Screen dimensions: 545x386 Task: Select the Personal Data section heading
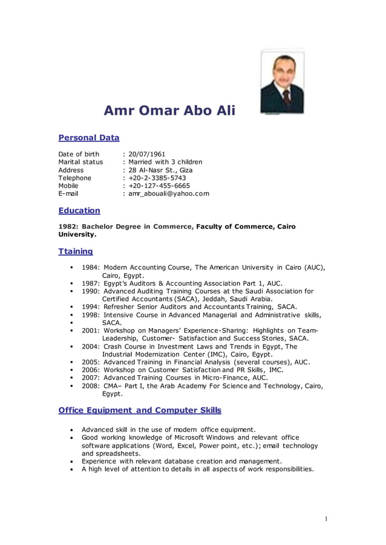(x=88, y=138)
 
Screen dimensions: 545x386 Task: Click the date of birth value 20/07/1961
(x=147, y=154)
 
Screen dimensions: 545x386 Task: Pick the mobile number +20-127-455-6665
(x=159, y=185)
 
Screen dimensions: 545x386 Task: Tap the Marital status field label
(x=80, y=162)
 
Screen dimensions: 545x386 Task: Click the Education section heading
(x=79, y=210)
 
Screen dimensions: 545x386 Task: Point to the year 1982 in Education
(x=67, y=227)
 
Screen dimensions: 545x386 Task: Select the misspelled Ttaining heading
(x=76, y=251)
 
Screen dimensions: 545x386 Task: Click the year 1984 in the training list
(x=90, y=267)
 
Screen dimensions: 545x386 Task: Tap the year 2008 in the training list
(x=90, y=385)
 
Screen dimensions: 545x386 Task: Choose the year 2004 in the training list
(x=90, y=347)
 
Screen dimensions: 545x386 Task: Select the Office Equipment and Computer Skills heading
(x=140, y=410)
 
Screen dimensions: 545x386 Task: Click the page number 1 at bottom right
(x=325, y=518)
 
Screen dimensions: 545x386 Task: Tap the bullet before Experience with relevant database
(x=72, y=461)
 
